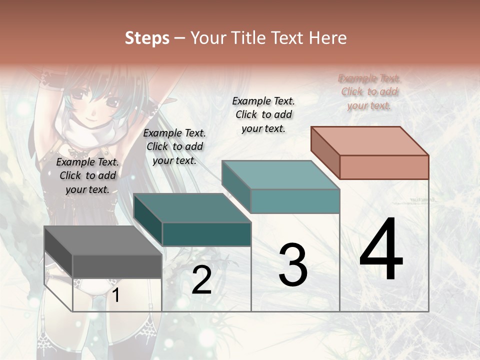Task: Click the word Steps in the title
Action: (x=147, y=38)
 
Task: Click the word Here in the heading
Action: (x=327, y=38)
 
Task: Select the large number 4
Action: (x=381, y=250)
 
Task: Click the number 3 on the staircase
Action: (x=293, y=265)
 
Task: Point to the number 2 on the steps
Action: (x=201, y=280)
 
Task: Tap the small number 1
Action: (x=116, y=295)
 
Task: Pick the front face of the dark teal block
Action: (x=206, y=234)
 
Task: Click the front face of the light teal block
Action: (x=295, y=201)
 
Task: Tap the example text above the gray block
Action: (x=87, y=175)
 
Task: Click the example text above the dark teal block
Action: (x=174, y=146)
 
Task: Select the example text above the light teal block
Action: (x=263, y=114)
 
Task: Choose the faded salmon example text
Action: (x=369, y=91)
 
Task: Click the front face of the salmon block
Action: (x=384, y=167)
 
